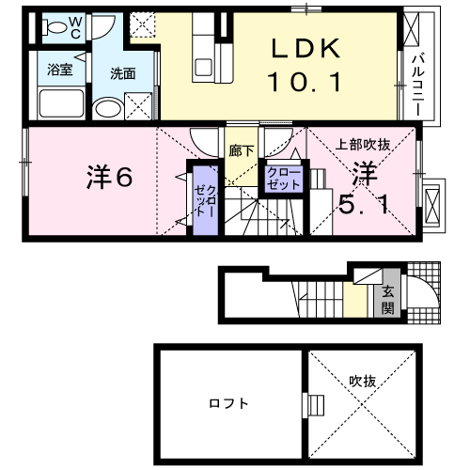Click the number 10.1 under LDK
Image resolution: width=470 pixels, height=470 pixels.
click(303, 83)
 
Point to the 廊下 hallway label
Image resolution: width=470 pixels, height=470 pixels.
click(238, 149)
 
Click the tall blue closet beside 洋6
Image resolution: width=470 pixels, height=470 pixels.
click(205, 199)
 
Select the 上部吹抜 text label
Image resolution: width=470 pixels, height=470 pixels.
click(362, 145)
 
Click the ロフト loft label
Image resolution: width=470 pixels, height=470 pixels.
click(229, 403)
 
